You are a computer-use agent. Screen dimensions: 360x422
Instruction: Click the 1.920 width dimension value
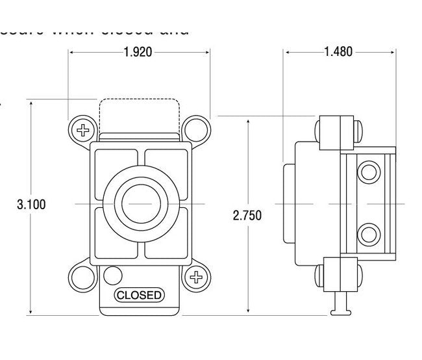click(138, 52)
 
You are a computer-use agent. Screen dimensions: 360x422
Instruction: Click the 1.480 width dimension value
click(338, 52)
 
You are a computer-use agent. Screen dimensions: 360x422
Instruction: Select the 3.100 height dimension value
click(31, 204)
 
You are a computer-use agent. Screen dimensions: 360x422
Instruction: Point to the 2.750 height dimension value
click(247, 216)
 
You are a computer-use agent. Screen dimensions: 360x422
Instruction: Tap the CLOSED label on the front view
click(139, 295)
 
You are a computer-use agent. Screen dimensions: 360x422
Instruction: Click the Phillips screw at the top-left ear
click(83, 129)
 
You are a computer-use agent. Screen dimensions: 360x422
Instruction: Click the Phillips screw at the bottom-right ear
click(194, 279)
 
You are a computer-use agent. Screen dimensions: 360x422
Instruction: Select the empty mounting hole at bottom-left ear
click(83, 279)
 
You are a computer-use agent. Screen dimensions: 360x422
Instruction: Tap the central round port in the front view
click(138, 203)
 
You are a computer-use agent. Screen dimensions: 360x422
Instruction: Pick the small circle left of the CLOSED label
click(112, 274)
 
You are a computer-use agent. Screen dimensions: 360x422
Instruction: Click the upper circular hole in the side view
click(369, 172)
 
